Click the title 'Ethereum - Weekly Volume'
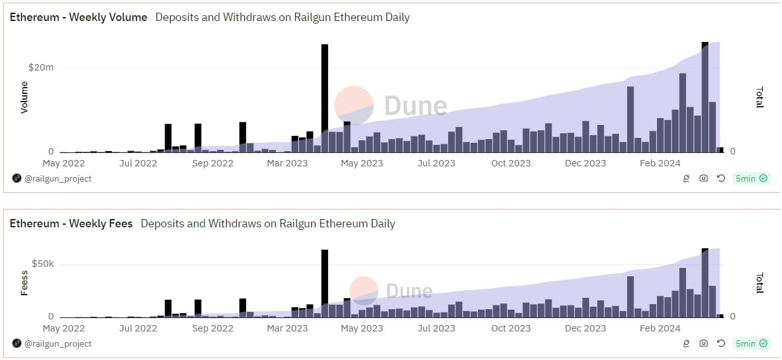[x=78, y=18]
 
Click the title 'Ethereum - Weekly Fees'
[x=71, y=223]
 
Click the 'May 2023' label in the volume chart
[x=362, y=163]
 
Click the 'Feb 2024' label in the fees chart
[x=660, y=328]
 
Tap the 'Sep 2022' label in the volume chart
[x=213, y=163]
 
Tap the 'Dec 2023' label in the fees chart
[x=586, y=328]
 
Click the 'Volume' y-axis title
[x=25, y=97]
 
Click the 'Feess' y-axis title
[x=25, y=283]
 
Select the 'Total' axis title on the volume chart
[x=759, y=97]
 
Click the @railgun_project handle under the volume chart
[x=58, y=178]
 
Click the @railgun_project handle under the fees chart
[x=58, y=343]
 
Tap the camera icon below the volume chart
[x=703, y=178]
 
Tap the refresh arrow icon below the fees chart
[x=721, y=343]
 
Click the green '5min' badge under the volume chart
[x=752, y=178]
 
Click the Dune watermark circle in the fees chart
[x=364, y=291]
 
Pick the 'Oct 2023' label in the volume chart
[x=511, y=163]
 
